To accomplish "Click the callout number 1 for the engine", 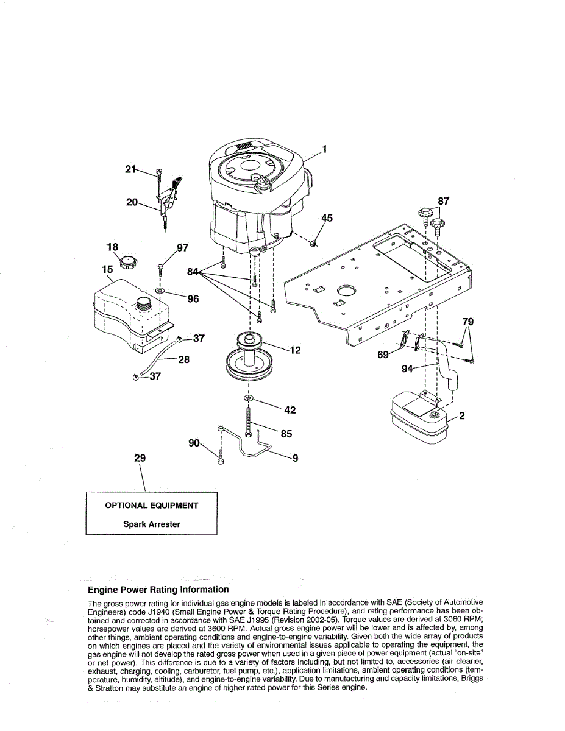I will [325, 149].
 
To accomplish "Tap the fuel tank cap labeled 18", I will [127, 263].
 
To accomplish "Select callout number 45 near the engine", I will [327, 218].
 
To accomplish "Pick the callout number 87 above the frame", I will [444, 201].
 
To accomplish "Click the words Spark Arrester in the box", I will [152, 524].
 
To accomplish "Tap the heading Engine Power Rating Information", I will [158, 590].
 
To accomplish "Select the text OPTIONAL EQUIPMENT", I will [152, 505].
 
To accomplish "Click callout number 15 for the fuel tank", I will [107, 269].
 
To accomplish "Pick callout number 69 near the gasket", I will [383, 355].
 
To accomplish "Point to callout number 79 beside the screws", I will [467, 322].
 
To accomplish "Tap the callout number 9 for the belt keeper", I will [295, 457].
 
